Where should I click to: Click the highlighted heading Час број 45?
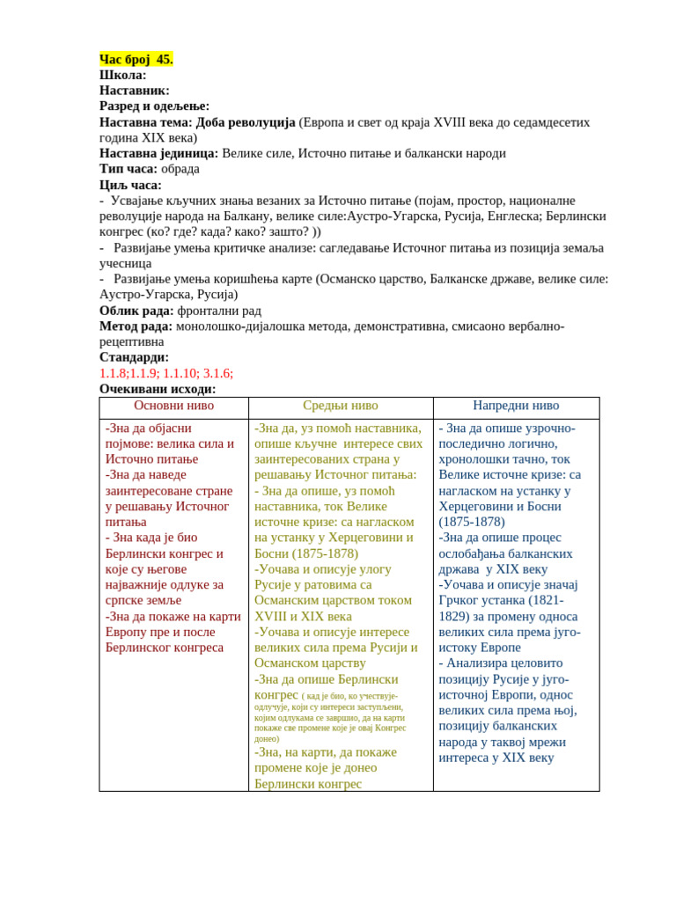136,59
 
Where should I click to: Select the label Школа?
123,75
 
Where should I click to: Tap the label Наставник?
135,90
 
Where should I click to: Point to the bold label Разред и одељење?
155,106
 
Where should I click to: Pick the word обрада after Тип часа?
180,168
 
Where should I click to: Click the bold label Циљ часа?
131,185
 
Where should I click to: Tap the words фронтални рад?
219,311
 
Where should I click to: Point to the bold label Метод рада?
136,326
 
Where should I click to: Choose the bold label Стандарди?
135,357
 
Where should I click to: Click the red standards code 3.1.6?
218,373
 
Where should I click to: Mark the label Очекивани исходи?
158,389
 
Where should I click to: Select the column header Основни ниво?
174,406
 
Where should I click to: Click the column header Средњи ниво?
341,406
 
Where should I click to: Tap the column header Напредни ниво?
516,406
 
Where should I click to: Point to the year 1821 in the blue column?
550,600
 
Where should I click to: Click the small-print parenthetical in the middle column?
330,717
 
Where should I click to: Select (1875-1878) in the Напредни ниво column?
472,521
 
